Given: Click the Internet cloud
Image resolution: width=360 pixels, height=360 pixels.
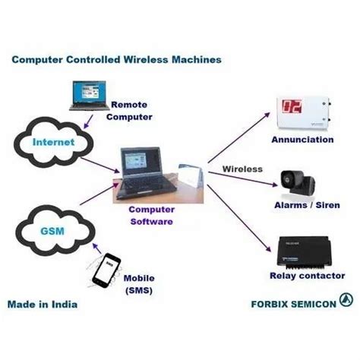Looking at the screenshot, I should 53,142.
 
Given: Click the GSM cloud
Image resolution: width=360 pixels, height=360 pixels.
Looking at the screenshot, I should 52,227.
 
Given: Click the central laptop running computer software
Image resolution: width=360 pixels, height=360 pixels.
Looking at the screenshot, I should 141,175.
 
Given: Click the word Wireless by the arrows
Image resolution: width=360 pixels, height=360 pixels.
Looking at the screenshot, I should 242,169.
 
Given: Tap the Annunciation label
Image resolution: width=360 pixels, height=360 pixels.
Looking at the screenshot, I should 302,140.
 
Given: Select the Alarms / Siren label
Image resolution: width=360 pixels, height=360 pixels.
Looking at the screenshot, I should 302,205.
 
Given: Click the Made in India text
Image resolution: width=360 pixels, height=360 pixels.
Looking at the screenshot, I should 43,305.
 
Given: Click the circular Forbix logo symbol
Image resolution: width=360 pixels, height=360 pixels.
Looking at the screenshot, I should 347,300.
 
